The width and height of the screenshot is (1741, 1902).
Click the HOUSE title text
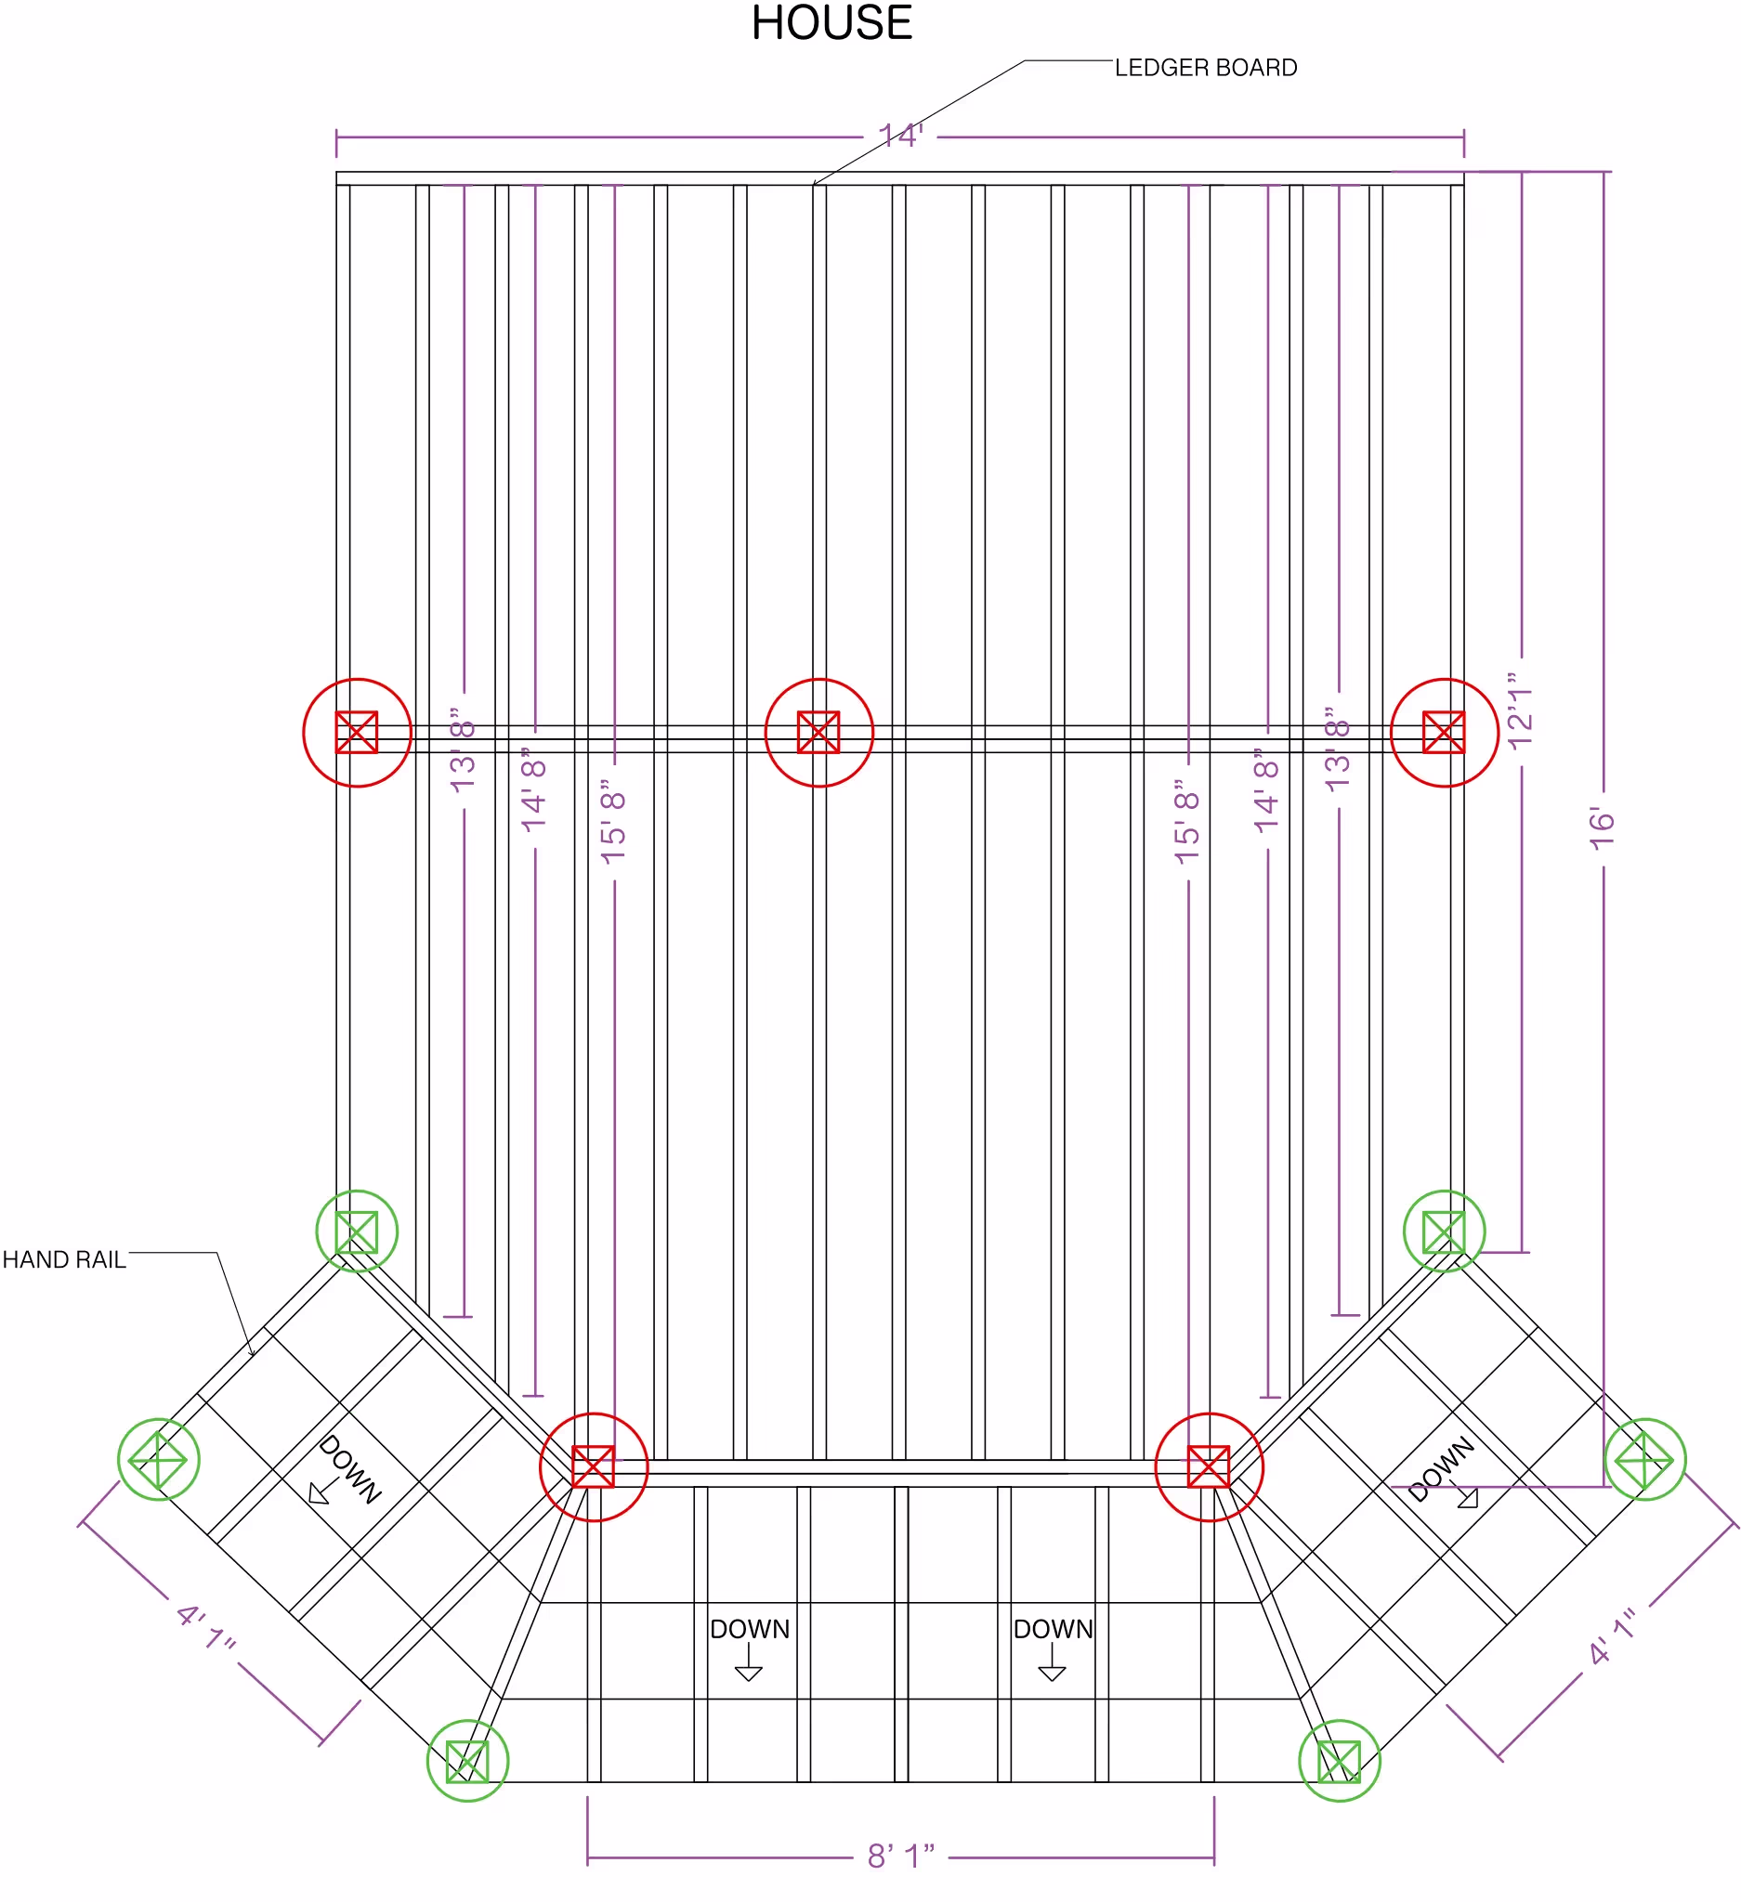click(x=831, y=22)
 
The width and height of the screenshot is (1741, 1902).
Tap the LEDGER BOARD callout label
click(x=1205, y=68)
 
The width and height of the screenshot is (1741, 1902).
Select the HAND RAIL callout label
click(x=64, y=1259)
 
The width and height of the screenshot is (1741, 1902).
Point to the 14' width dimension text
click(x=900, y=136)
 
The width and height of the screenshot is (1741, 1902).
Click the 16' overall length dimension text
click(x=1602, y=828)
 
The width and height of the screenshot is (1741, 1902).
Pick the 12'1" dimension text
click(x=1520, y=711)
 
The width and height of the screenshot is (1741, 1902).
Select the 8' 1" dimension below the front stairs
click(x=901, y=1856)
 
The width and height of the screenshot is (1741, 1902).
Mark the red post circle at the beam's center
click(x=819, y=679)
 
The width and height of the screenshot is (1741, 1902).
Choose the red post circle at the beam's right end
click(x=1444, y=679)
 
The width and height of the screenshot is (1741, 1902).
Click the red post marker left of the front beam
click(x=594, y=1413)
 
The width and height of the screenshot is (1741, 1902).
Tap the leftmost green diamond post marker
click(x=159, y=1419)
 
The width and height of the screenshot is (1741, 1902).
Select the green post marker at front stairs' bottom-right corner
click(x=1339, y=1721)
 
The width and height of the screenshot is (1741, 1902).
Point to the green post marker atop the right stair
click(x=1444, y=1192)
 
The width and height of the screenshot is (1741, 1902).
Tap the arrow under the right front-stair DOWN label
click(x=1053, y=1661)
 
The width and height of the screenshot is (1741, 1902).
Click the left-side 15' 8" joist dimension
click(x=613, y=822)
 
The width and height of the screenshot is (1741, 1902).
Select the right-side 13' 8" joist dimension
click(x=1338, y=750)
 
